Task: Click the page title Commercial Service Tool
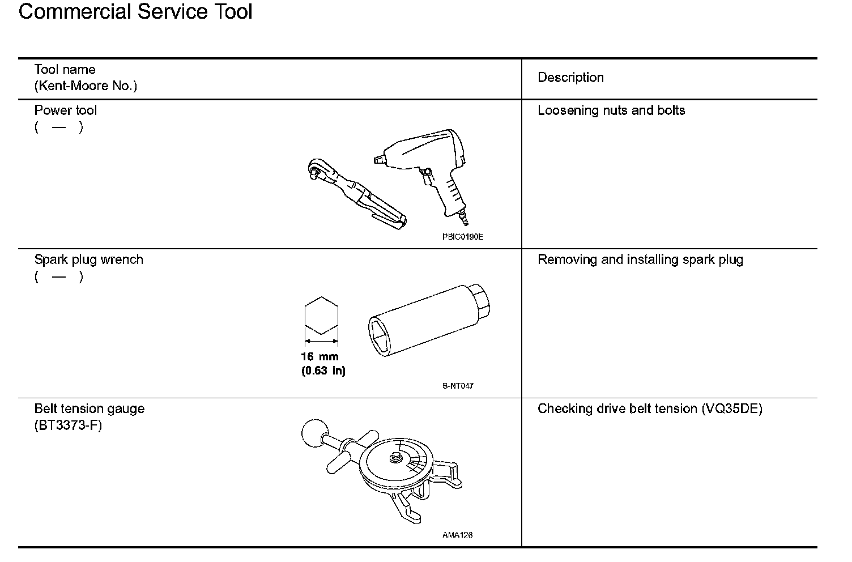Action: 135,11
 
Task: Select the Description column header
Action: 570,78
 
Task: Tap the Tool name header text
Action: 65,70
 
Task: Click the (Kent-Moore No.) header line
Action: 86,86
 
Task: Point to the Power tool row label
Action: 66,110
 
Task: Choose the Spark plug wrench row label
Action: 88,260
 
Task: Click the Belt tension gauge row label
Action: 90,409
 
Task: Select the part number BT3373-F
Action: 68,425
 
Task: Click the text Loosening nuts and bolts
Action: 611,110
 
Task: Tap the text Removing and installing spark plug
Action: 640,260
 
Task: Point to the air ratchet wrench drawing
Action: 354,193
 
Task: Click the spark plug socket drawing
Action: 431,320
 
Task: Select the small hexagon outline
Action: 321,315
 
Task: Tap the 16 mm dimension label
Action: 320,357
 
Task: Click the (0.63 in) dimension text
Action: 323,372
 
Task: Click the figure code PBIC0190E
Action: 462,237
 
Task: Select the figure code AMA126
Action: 457,535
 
